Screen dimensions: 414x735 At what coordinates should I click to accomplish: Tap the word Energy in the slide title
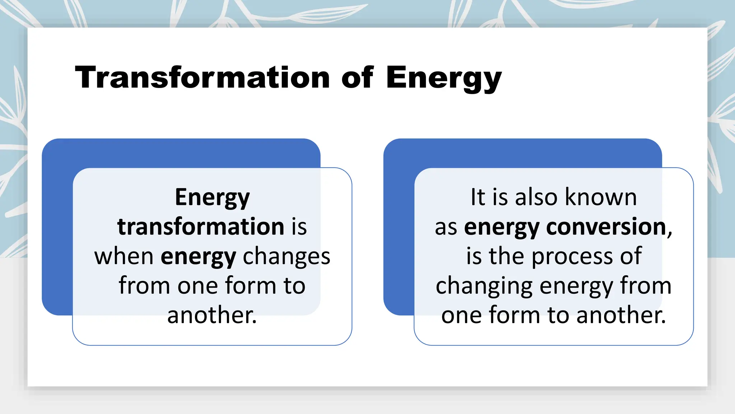click(x=444, y=78)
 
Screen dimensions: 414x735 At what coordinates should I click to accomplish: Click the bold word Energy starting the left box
click(x=212, y=198)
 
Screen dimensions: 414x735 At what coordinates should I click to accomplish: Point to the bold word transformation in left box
click(x=201, y=227)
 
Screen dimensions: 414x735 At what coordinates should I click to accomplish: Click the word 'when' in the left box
click(x=124, y=257)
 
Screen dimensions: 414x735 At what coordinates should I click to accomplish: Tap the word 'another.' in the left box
click(x=212, y=315)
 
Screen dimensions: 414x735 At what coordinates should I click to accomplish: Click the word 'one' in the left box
click(x=198, y=286)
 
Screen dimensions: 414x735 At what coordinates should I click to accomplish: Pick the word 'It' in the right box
click(x=478, y=197)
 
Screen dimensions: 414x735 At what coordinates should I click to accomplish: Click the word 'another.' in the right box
click(x=621, y=315)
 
